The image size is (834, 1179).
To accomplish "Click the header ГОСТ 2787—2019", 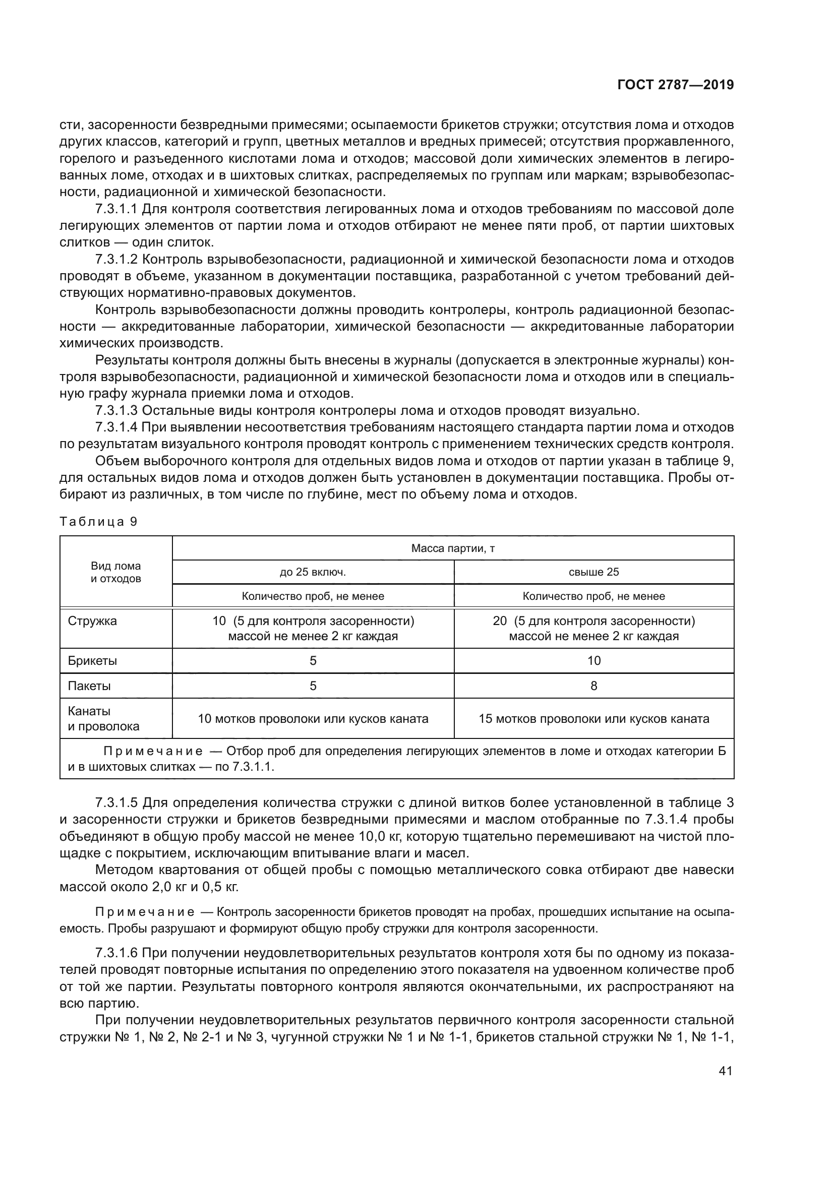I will tap(675, 85).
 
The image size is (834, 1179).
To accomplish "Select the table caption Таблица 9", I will tap(99, 522).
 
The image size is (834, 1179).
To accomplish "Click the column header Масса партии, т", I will tap(452, 548).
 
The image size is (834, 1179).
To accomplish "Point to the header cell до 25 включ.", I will tap(313, 572).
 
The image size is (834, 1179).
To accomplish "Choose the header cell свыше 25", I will tap(593, 572).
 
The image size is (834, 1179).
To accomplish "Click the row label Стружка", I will tap(92, 621).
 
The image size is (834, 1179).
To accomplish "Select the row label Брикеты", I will tap(92, 661).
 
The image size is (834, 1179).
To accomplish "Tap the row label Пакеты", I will tap(89, 686).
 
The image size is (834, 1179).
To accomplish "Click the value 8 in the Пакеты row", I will tap(593, 686).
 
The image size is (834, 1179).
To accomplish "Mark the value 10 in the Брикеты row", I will tap(593, 661).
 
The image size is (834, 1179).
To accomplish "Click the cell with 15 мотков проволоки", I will tap(593, 718).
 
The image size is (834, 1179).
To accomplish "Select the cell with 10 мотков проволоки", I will tap(313, 718).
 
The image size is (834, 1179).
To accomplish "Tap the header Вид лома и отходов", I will tap(116, 572).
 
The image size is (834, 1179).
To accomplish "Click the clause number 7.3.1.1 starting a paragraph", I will tap(116, 209).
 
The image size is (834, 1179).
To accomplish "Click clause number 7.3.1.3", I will tap(116, 411).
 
